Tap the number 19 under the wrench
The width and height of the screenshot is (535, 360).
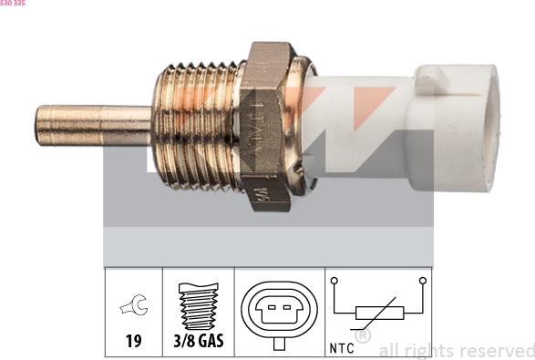pyautogui.click(x=133, y=343)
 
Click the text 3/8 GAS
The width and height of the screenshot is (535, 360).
pyautogui.click(x=198, y=343)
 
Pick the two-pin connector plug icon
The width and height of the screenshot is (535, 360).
pyautogui.click(x=280, y=311)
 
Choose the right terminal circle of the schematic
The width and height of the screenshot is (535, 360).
pyautogui.click(x=422, y=283)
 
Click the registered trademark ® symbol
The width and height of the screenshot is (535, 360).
pyautogui.click(x=363, y=336)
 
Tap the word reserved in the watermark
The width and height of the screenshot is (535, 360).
pyautogui.click(x=498, y=350)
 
